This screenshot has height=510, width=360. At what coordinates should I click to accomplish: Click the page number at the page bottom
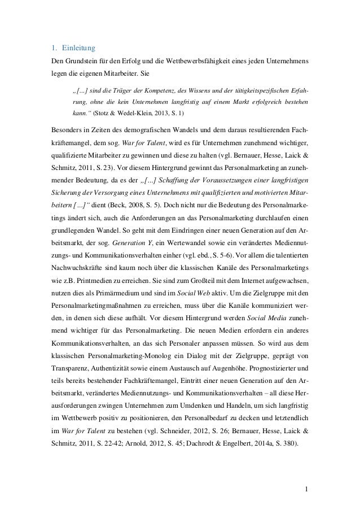click(x=306, y=487)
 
